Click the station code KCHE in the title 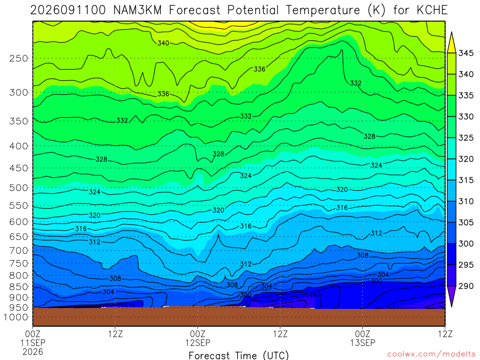[432, 10]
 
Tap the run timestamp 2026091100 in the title [68, 10]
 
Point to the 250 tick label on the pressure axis [19, 58]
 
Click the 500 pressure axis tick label [19, 187]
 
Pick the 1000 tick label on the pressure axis [16, 317]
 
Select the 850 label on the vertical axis [19, 287]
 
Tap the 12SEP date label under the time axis [198, 343]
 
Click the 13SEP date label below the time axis [363, 343]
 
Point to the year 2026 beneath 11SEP [33, 352]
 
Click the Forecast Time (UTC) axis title [239, 355]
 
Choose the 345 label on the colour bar [466, 53]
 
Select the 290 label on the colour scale [466, 286]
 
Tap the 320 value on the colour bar [466, 159]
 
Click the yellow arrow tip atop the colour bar [451, 32]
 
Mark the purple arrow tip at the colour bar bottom [451, 307]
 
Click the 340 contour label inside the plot [163, 43]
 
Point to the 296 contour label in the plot [315, 294]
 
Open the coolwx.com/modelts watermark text [431, 354]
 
